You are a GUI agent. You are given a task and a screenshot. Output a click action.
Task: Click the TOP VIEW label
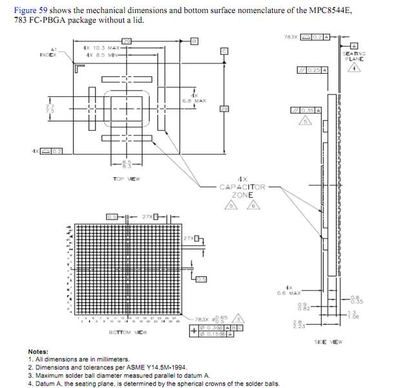127,178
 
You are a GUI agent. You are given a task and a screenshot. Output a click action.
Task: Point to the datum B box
194,41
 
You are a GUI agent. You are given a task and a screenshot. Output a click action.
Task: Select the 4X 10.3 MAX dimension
102,48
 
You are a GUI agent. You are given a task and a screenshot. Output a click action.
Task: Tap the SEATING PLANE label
354,56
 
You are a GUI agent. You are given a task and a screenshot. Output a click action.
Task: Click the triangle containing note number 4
354,69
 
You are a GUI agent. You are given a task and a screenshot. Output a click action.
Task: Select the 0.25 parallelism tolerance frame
313,69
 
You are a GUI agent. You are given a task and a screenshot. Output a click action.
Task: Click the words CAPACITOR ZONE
242,191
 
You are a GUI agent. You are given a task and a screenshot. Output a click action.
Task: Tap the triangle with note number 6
254,206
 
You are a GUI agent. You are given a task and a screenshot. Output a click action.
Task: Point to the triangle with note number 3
238,319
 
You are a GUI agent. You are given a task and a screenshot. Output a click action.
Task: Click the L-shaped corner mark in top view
78,67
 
